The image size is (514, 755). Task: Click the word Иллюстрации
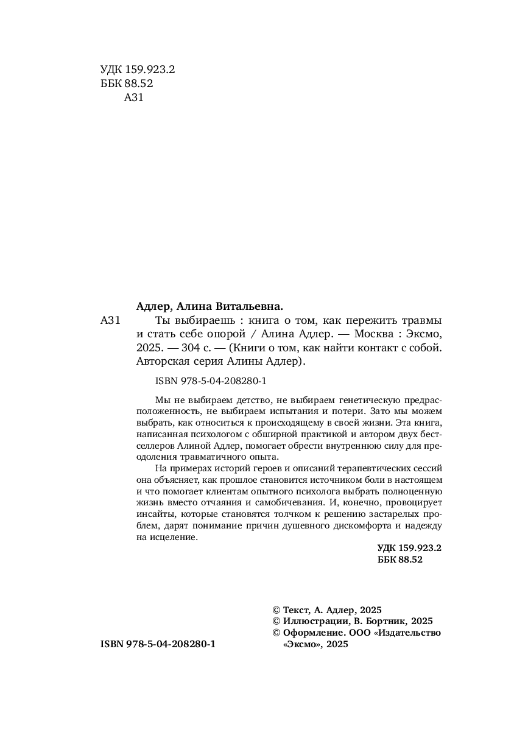[315, 621]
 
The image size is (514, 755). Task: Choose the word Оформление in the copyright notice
[314, 633]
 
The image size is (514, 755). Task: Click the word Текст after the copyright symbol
[295, 609]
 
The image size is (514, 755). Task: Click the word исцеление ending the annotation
[177, 538]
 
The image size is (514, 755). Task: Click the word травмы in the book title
[422, 320]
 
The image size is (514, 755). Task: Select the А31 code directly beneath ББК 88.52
[133, 97]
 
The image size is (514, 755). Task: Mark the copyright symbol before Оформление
[276, 633]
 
